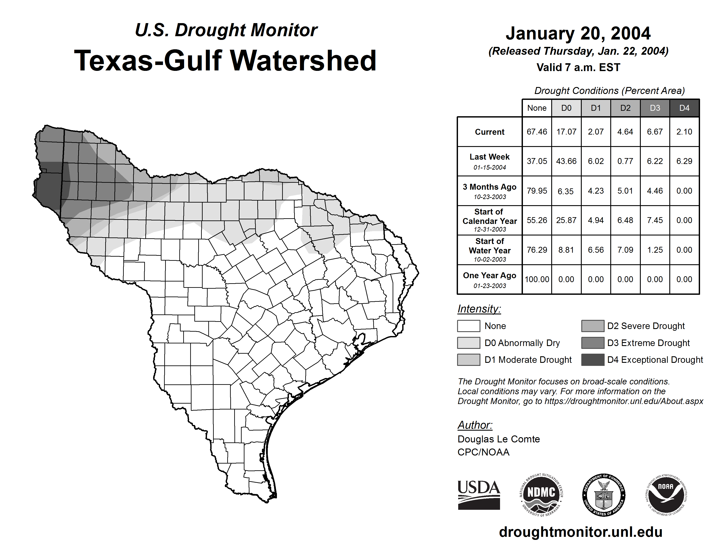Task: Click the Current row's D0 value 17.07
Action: click(x=566, y=132)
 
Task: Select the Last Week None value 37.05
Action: click(x=537, y=161)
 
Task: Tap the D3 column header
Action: click(x=655, y=108)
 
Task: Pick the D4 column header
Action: click(x=684, y=108)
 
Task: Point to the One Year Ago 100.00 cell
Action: click(x=537, y=279)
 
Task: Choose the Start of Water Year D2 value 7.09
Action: click(x=625, y=250)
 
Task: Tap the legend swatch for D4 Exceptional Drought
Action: click(x=593, y=360)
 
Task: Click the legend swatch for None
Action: click(x=468, y=326)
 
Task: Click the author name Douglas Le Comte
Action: click(x=499, y=439)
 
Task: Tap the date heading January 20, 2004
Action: click(x=578, y=33)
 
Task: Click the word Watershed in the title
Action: click(x=303, y=61)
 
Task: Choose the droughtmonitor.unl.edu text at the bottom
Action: click(x=581, y=532)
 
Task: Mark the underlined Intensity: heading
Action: click(x=479, y=309)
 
